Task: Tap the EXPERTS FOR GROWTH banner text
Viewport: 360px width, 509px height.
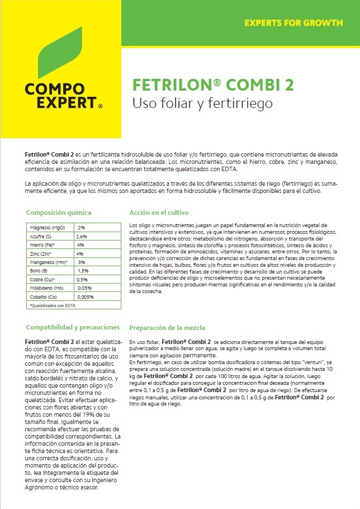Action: click(x=293, y=23)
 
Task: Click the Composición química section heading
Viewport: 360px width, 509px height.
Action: click(x=59, y=213)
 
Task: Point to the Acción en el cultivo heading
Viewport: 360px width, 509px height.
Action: click(x=159, y=213)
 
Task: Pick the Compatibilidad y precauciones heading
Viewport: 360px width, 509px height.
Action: click(x=73, y=327)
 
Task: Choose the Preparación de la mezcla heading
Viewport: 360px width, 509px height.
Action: click(x=167, y=328)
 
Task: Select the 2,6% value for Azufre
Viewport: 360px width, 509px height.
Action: click(x=82, y=236)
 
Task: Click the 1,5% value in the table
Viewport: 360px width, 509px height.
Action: click(x=83, y=270)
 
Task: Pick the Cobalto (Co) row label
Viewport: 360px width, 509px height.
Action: click(x=44, y=296)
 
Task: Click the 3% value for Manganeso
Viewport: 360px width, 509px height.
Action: click(x=81, y=262)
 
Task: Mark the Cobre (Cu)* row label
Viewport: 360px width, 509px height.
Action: click(x=44, y=279)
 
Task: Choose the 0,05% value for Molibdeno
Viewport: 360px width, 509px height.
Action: click(x=84, y=288)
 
